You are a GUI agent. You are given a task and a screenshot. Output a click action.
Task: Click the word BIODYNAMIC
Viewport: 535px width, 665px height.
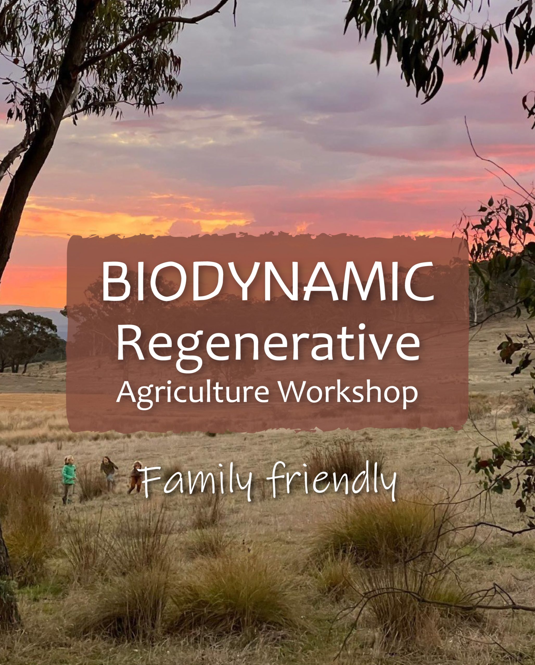point(267,282)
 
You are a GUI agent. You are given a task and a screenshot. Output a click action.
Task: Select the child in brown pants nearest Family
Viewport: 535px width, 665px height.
point(135,477)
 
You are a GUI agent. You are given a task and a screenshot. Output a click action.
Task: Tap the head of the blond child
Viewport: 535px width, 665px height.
point(69,460)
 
